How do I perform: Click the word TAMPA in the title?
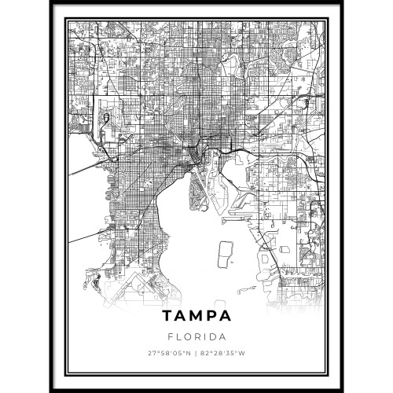click(x=197, y=317)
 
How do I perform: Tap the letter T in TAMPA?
click(x=167, y=317)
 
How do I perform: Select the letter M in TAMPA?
click(x=196, y=317)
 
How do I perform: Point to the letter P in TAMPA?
click(x=211, y=317)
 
